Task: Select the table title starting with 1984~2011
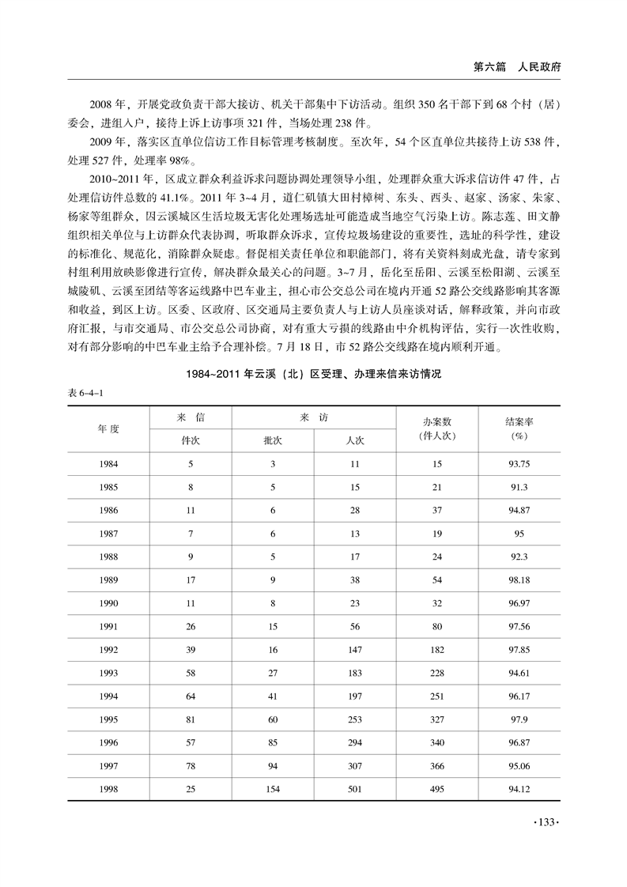tap(313, 376)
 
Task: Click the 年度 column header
tap(108, 428)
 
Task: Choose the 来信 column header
tap(191, 417)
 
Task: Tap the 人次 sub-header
tap(354, 440)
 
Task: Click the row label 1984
tap(108, 464)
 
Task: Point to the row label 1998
tap(108, 788)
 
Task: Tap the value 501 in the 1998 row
tap(354, 788)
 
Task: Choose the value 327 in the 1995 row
tap(437, 719)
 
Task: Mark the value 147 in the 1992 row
tap(354, 650)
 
